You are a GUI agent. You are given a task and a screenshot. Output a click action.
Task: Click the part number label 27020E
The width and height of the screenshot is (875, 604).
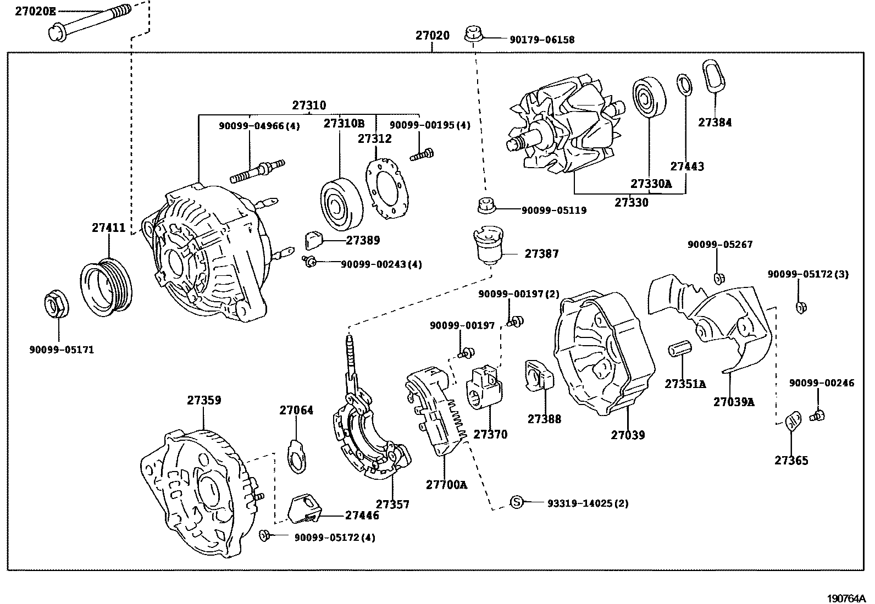(x=35, y=11)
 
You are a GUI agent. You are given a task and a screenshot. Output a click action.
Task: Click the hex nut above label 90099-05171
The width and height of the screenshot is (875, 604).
(x=56, y=305)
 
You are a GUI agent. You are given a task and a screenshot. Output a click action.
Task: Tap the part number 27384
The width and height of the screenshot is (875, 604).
(x=715, y=123)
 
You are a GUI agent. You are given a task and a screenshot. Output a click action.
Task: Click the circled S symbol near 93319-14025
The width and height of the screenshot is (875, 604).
(x=516, y=502)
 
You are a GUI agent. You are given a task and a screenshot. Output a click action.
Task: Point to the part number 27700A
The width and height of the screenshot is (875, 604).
(x=446, y=485)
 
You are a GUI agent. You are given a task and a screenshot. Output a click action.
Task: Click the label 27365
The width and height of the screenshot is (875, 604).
(x=791, y=461)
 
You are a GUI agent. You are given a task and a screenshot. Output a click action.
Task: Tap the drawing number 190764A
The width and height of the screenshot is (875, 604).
(x=847, y=598)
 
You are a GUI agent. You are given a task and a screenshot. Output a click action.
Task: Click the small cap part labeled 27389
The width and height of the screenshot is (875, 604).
(x=313, y=240)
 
